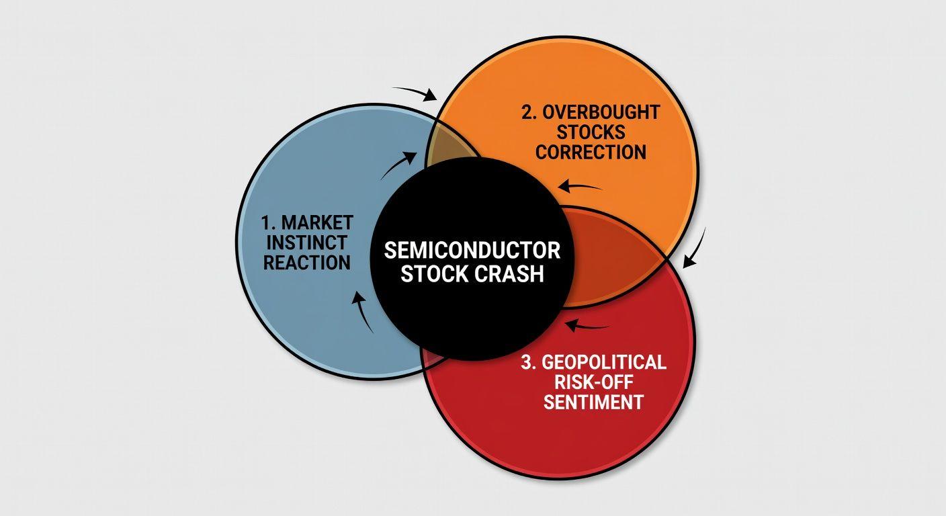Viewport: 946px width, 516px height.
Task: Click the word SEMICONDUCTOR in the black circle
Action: (x=472, y=251)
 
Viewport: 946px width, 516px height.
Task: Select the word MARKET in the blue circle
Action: (x=317, y=222)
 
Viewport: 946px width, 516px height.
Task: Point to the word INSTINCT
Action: (x=307, y=243)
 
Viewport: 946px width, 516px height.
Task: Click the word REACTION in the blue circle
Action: (x=307, y=262)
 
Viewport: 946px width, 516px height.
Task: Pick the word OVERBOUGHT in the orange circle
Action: (x=601, y=112)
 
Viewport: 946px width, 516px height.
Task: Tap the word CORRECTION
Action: (x=591, y=152)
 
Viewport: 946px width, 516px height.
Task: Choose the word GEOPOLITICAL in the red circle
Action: (x=603, y=362)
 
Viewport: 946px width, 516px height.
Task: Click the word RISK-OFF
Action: (x=594, y=382)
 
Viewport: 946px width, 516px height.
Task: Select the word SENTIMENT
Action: (x=593, y=402)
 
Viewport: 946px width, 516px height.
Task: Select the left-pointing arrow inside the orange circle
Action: (x=579, y=186)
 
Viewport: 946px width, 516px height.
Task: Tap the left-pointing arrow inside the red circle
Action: (x=587, y=326)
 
